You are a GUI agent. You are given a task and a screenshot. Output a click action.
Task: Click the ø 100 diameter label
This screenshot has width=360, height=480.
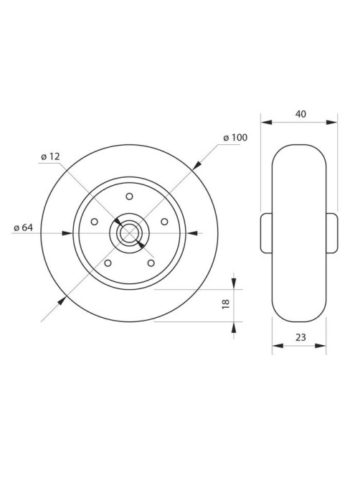[235, 138]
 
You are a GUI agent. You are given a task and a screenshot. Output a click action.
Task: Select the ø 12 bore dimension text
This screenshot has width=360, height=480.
[50, 156]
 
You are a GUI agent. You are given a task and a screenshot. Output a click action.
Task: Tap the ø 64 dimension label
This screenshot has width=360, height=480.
[24, 227]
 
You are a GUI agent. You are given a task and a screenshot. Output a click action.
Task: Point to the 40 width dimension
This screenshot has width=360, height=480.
[300, 114]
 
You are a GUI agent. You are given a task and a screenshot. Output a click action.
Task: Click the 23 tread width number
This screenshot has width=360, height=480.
[300, 337]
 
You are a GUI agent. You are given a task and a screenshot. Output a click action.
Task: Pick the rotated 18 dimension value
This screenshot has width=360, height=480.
[225, 304]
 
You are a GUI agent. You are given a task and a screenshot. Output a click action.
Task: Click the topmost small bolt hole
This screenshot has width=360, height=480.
[129, 196]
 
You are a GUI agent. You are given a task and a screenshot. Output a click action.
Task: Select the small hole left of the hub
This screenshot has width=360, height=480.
[95, 221]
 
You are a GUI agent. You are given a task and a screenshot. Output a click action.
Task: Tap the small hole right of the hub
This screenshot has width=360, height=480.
[164, 221]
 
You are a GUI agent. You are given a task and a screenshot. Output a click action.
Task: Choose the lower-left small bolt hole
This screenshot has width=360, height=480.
[108, 263]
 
